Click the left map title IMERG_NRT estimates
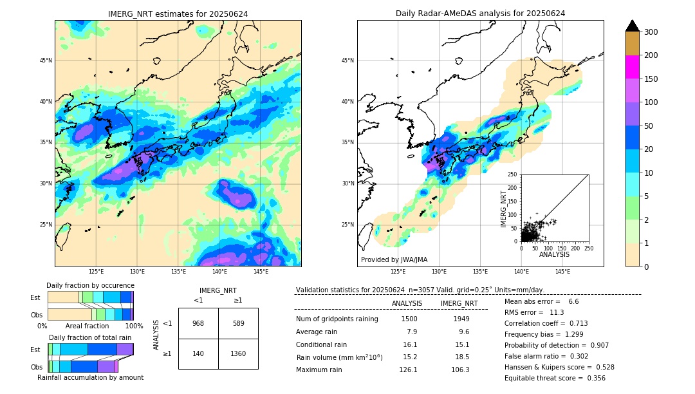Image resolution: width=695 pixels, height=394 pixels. click(x=178, y=14)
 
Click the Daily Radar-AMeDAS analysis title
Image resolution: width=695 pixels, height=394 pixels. click(x=480, y=14)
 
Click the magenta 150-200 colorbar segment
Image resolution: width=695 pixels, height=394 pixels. click(x=632, y=67)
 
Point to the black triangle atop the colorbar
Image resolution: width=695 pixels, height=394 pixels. click(x=632, y=26)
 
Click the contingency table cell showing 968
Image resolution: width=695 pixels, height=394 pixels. click(x=198, y=323)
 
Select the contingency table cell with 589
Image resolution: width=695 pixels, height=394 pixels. click(x=238, y=323)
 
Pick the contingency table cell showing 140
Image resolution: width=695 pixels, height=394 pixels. click(x=198, y=354)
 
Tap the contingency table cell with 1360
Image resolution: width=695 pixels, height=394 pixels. click(x=238, y=354)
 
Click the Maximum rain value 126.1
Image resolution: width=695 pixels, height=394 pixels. click(x=408, y=370)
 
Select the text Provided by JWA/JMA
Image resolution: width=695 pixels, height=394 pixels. click(x=394, y=259)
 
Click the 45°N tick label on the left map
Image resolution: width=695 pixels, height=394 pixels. click(x=46, y=61)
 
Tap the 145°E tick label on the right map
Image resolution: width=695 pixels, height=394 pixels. click(x=562, y=272)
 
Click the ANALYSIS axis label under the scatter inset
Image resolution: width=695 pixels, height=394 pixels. click(x=554, y=254)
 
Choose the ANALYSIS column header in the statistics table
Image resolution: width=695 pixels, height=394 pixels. click(x=407, y=303)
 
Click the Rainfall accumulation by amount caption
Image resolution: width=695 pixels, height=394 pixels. click(x=90, y=377)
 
